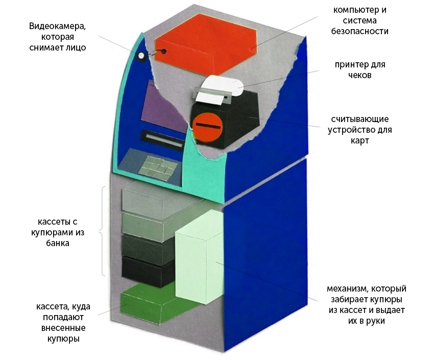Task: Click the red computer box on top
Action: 205,44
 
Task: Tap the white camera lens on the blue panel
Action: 141,57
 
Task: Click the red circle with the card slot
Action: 208,127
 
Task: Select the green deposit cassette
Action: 155,303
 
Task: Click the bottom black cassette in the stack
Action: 148,271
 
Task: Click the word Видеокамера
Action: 57,26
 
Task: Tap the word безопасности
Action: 360,31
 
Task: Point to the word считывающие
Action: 360,119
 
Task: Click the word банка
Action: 58,243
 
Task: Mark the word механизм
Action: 348,289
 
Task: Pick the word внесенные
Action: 63,328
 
